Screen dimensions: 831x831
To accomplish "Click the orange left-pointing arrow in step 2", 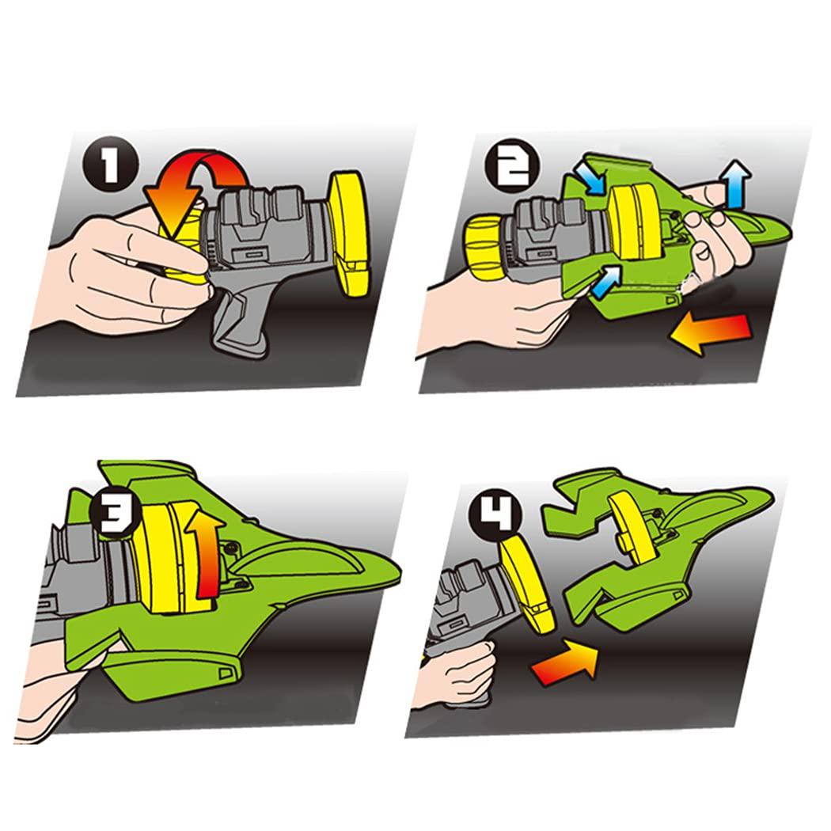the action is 710,332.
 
